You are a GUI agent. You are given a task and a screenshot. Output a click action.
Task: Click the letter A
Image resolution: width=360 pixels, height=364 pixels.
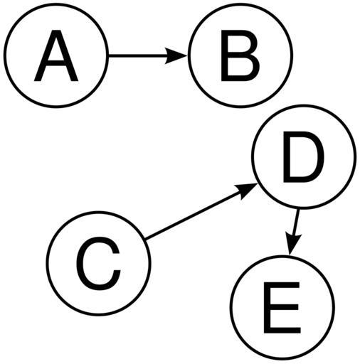(56, 55)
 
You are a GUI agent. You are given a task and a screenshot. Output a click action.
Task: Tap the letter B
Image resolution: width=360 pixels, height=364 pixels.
(240, 55)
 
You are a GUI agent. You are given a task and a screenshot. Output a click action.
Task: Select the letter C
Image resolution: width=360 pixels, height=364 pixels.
(98, 263)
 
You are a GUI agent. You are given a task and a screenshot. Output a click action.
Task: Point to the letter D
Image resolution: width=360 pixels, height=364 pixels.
(303, 157)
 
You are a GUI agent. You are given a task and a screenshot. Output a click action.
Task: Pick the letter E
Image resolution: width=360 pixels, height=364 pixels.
(282, 308)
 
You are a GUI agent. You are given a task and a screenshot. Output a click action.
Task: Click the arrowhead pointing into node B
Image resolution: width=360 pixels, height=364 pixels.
(176, 56)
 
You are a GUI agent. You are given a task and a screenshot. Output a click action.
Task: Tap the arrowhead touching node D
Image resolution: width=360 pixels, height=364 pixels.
(247, 190)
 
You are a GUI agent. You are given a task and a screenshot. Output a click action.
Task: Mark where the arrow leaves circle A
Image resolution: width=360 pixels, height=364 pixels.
(108, 56)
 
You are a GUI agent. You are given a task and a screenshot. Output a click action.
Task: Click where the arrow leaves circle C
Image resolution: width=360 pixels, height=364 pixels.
(145, 239)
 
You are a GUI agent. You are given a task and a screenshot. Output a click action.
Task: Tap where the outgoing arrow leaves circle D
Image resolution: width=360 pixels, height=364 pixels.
(298, 209)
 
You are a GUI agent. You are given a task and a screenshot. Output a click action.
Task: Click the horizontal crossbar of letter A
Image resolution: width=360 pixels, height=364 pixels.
(56, 63)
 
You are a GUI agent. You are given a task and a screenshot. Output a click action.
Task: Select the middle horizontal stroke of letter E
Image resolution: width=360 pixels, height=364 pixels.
(281, 307)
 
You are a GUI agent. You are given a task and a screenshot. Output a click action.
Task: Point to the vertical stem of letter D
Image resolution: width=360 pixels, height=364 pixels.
(287, 157)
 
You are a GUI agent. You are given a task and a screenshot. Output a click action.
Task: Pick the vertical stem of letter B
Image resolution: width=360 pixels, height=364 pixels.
(224, 55)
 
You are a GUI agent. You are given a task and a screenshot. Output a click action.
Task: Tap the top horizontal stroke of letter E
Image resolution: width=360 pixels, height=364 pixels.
(282, 285)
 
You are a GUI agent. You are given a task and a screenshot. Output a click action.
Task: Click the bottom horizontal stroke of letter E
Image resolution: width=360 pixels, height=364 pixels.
(282, 330)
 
